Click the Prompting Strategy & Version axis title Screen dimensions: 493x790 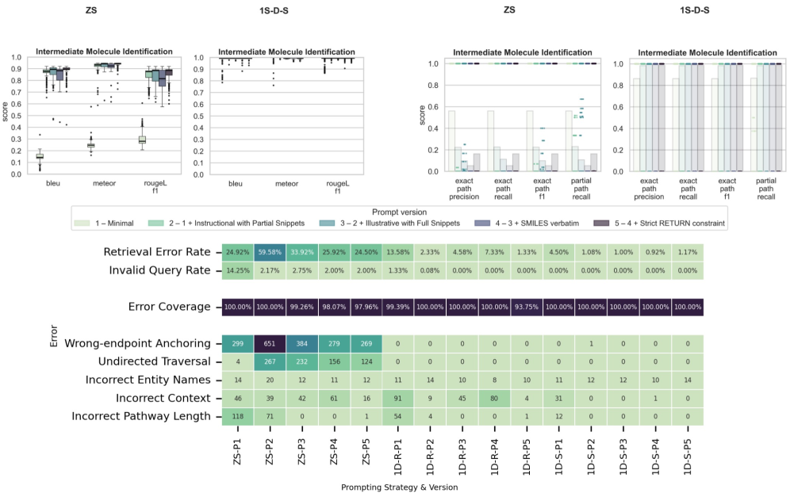pos(400,486)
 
